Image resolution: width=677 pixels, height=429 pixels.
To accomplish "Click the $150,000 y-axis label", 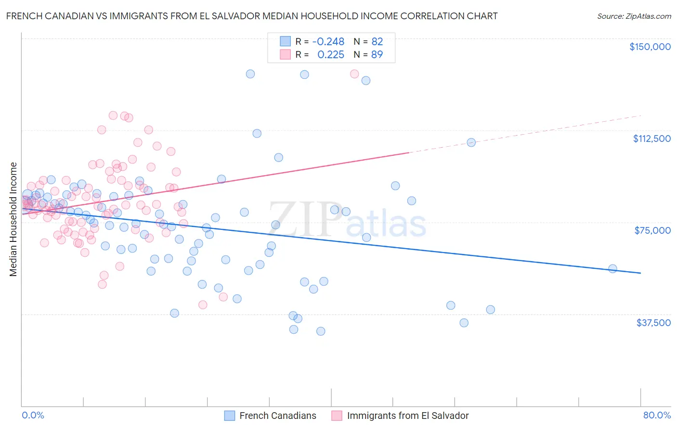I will (650, 47).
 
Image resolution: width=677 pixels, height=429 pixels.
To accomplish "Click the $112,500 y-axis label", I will (651, 139).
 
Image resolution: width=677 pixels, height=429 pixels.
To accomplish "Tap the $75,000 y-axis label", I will (652, 230).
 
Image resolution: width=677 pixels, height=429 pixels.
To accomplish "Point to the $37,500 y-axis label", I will (653, 323).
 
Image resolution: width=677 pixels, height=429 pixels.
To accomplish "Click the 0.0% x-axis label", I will (33, 415).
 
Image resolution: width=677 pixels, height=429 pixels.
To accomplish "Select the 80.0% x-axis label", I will (657, 415).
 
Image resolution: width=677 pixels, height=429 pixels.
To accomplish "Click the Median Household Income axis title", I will (13, 219).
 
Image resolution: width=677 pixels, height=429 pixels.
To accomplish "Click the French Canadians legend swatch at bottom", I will (230, 416).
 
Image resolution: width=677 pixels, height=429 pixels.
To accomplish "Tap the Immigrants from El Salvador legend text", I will (407, 416).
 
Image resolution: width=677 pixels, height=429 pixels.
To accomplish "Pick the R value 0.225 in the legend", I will (331, 55).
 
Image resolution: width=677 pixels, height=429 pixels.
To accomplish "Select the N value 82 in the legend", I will (377, 42).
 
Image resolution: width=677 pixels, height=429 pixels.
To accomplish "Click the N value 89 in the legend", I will (377, 55).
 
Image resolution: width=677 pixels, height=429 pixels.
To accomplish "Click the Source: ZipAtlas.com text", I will (634, 16).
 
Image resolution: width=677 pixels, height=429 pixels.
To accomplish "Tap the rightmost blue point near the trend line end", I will (612, 269).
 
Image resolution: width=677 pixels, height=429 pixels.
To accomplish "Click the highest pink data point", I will (354, 74).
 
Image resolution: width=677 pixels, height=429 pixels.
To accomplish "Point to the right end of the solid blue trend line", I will (640, 273).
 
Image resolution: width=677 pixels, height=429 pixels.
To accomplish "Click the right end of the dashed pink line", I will (641, 115).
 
